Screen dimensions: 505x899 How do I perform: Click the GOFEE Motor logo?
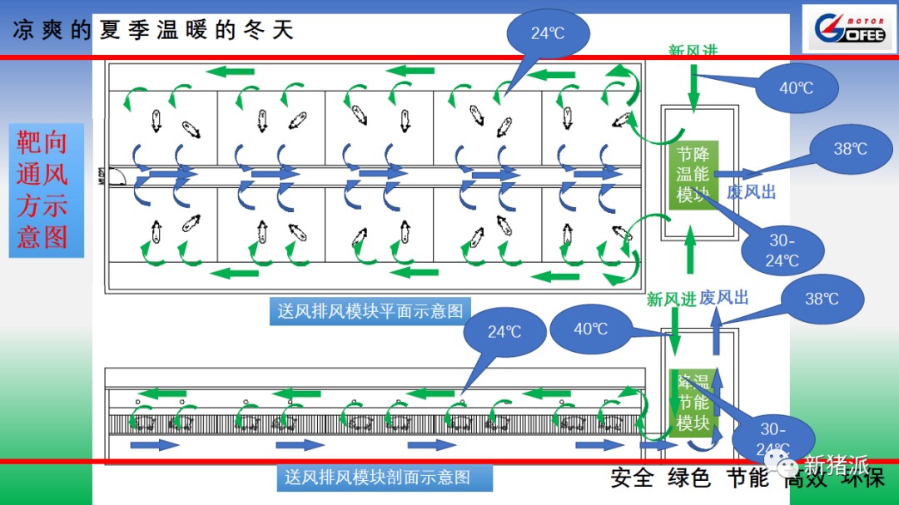(849, 30)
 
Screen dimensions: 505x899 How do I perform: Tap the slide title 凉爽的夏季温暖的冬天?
(154, 31)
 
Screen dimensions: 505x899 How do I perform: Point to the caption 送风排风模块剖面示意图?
(377, 478)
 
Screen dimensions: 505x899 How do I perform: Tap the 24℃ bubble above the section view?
(504, 332)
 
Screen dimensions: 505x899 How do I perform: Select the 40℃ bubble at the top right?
(796, 87)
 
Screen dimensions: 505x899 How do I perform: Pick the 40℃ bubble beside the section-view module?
(591, 329)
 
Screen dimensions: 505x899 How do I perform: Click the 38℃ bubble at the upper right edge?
(850, 149)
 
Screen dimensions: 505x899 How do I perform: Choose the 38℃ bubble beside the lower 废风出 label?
(822, 299)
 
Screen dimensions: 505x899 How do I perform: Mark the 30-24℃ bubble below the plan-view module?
(782, 250)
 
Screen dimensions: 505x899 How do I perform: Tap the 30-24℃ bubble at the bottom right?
(772, 439)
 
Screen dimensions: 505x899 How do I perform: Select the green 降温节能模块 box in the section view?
(693, 403)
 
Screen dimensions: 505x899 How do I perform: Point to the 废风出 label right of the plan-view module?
(751, 192)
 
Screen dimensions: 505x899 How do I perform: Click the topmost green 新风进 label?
(693, 52)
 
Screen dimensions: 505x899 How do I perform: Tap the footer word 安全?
(631, 478)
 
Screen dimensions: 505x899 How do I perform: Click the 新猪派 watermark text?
(836, 464)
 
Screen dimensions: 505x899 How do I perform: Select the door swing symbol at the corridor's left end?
(117, 176)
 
